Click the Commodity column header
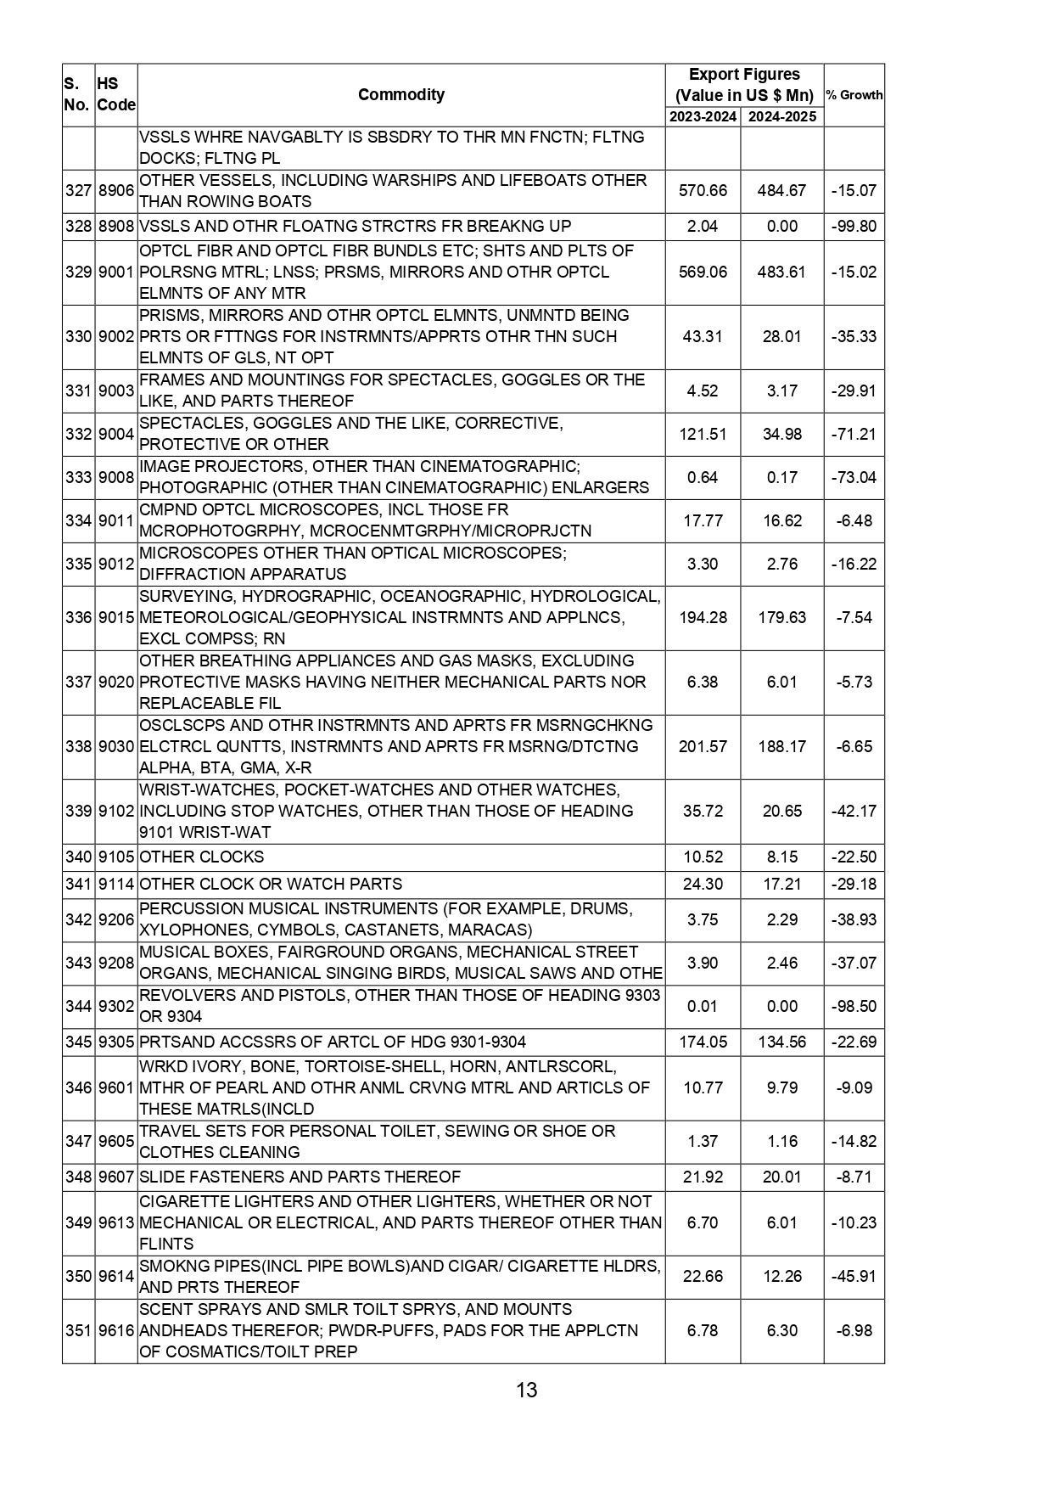coord(400,94)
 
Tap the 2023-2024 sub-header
coord(703,117)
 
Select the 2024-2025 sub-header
coord(781,117)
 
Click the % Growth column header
coord(854,95)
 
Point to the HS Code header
coord(115,94)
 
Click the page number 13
coord(526,1390)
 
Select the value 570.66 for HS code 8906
coord(703,190)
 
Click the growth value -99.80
coord(854,227)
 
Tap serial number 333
coord(78,477)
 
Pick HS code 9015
coord(116,617)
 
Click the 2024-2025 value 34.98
coord(781,434)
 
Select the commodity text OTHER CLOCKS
coord(202,857)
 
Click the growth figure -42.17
coord(854,811)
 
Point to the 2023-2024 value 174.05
coord(703,1042)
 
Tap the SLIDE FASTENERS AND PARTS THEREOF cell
coord(300,1177)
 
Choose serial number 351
coord(78,1330)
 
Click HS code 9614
coord(116,1276)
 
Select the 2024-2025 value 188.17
coord(781,746)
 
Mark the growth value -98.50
coord(854,1006)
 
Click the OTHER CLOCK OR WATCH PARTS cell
coord(271,884)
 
